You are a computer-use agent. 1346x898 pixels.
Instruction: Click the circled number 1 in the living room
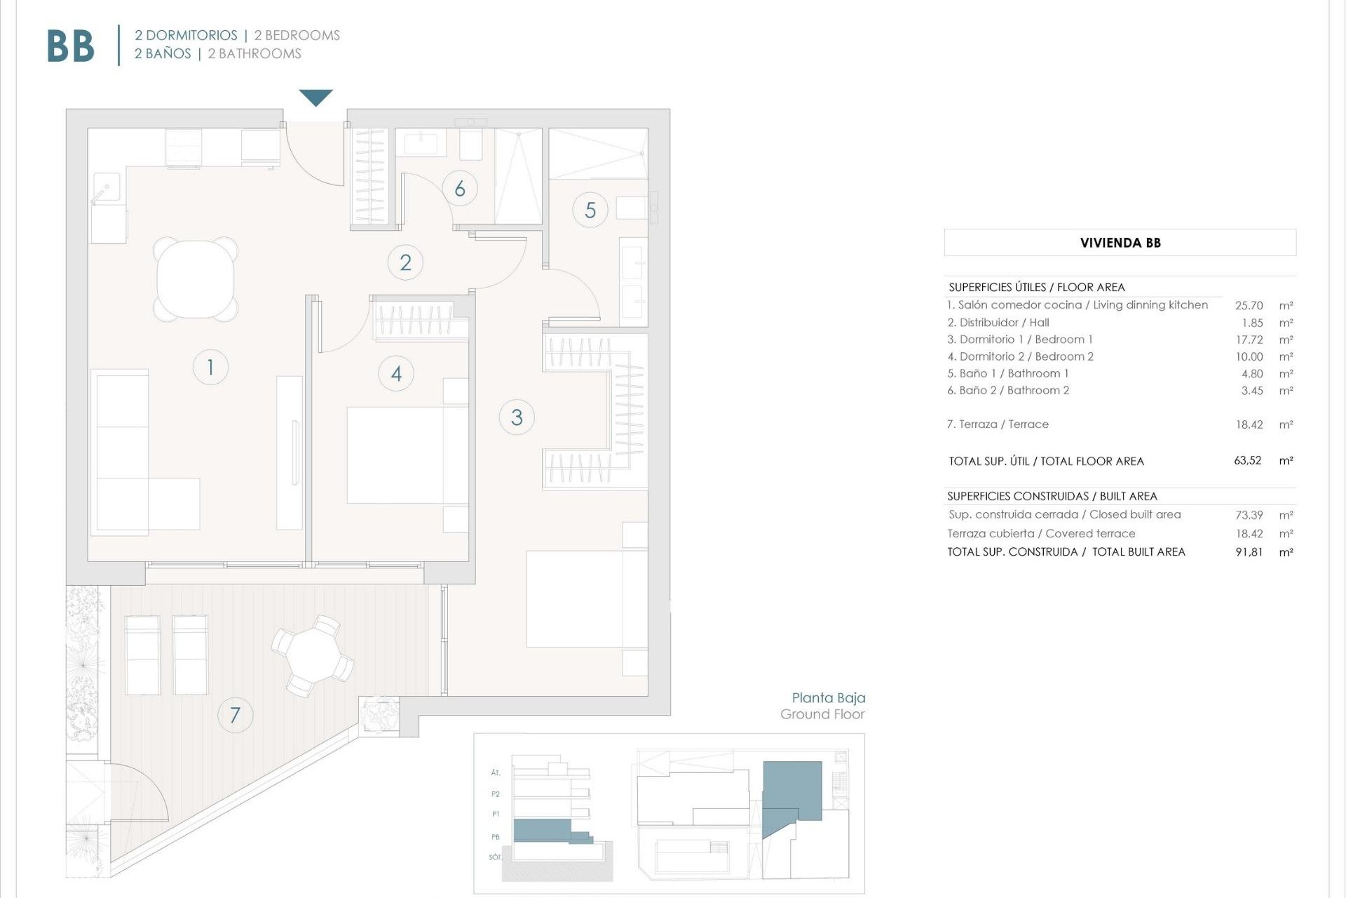tap(210, 367)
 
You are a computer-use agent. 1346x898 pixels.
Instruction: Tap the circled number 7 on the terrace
tap(235, 715)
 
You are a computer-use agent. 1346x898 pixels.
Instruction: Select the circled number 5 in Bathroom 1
tap(590, 210)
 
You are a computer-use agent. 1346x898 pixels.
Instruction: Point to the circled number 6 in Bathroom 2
tap(460, 188)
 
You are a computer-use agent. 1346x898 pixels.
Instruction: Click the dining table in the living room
tap(196, 279)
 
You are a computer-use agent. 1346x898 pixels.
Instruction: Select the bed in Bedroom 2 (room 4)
tap(407, 455)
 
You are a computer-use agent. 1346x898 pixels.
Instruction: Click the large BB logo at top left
tap(70, 46)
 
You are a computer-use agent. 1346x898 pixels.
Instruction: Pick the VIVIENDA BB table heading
tap(1120, 243)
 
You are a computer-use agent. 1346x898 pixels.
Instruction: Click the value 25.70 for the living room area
tap(1249, 306)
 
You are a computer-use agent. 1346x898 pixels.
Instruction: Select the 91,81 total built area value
tap(1249, 552)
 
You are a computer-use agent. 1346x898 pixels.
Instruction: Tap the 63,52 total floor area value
tap(1247, 461)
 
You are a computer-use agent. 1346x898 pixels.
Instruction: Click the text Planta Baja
tap(828, 697)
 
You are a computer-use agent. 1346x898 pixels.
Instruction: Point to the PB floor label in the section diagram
tap(496, 837)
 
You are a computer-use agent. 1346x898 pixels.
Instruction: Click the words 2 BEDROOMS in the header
tap(297, 35)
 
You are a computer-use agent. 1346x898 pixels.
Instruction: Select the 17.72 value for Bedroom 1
tap(1249, 340)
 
